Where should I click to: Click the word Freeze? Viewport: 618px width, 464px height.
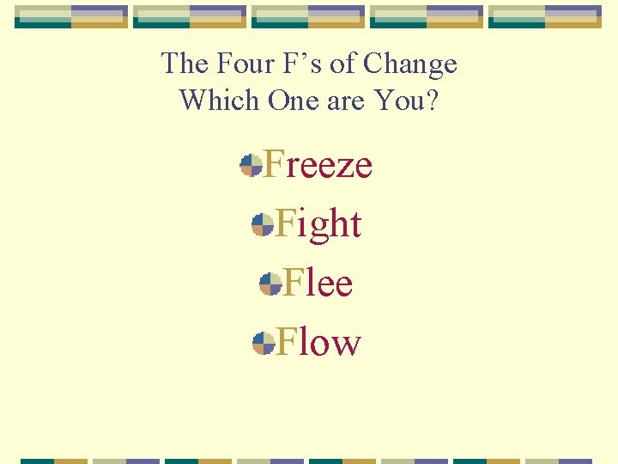click(x=317, y=164)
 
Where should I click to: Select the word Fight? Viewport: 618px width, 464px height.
click(x=318, y=224)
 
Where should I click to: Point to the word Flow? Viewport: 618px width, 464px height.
click(x=318, y=342)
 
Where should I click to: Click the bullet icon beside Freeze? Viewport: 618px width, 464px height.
click(x=251, y=165)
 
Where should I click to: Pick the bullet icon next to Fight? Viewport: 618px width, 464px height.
click(x=262, y=225)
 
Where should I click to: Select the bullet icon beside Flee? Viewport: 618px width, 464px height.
click(x=270, y=284)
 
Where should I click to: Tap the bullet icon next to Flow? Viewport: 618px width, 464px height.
click(x=263, y=344)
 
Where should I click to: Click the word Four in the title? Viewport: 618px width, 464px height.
click(x=244, y=64)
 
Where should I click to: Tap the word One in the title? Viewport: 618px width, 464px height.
click(x=293, y=101)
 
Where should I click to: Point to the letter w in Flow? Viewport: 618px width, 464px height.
click(x=345, y=345)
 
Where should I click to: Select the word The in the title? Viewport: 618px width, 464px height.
click(x=185, y=64)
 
